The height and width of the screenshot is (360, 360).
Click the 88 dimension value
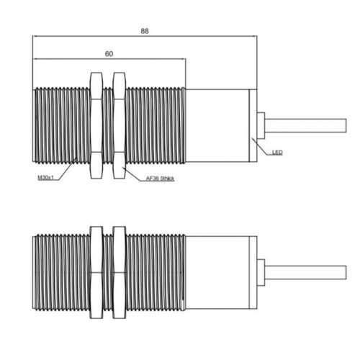click(145, 31)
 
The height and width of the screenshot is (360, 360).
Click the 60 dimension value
click(109, 54)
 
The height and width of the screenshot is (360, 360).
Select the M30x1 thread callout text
click(45, 178)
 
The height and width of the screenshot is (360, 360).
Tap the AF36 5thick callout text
click(160, 179)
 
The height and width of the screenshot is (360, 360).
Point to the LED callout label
click(277, 153)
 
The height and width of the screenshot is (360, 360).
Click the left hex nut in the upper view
click(96, 125)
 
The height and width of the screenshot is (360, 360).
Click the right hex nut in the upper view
click(120, 125)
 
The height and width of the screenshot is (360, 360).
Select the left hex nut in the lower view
click(96, 272)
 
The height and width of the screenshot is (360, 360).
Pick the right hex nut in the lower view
click(120, 272)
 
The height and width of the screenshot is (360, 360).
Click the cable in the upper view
click(305, 125)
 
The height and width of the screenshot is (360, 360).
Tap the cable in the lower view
click(305, 272)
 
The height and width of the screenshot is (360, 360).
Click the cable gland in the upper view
click(261, 125)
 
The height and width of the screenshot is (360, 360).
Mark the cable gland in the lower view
click(261, 272)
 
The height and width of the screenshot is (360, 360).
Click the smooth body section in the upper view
click(217, 125)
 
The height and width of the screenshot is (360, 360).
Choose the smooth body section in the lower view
click(217, 272)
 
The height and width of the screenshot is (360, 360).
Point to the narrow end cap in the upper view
click(253, 125)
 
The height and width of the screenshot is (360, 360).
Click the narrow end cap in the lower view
click(253, 272)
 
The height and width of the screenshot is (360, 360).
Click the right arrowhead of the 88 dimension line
click(255, 36)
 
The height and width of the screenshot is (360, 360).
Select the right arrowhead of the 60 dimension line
click(184, 59)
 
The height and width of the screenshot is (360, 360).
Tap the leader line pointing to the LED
click(261, 147)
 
